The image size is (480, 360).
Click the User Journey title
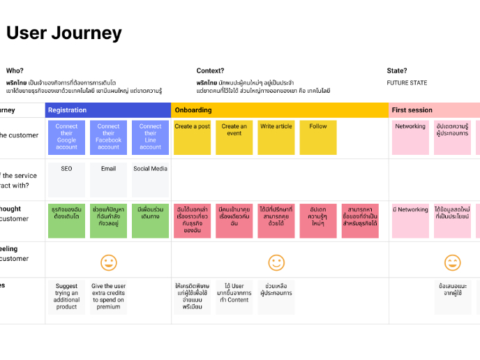[64, 33]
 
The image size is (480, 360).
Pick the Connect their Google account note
[66, 137]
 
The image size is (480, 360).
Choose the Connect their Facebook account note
[108, 137]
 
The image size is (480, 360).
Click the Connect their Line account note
[150, 137]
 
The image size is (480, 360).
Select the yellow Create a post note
[192, 137]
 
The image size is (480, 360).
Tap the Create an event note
[234, 137]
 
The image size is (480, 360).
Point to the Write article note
[276, 137]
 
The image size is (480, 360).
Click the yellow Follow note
[318, 137]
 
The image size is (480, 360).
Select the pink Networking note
[410, 137]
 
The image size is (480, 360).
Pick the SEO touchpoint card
[66, 180]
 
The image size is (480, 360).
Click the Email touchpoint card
[108, 180]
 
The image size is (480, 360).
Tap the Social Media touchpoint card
[150, 180]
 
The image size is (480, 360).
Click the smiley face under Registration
[108, 262]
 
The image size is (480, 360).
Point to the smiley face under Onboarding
[276, 262]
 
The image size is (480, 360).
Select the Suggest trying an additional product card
[66, 297]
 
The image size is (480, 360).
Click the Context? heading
[210, 70]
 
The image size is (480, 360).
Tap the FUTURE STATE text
[407, 83]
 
